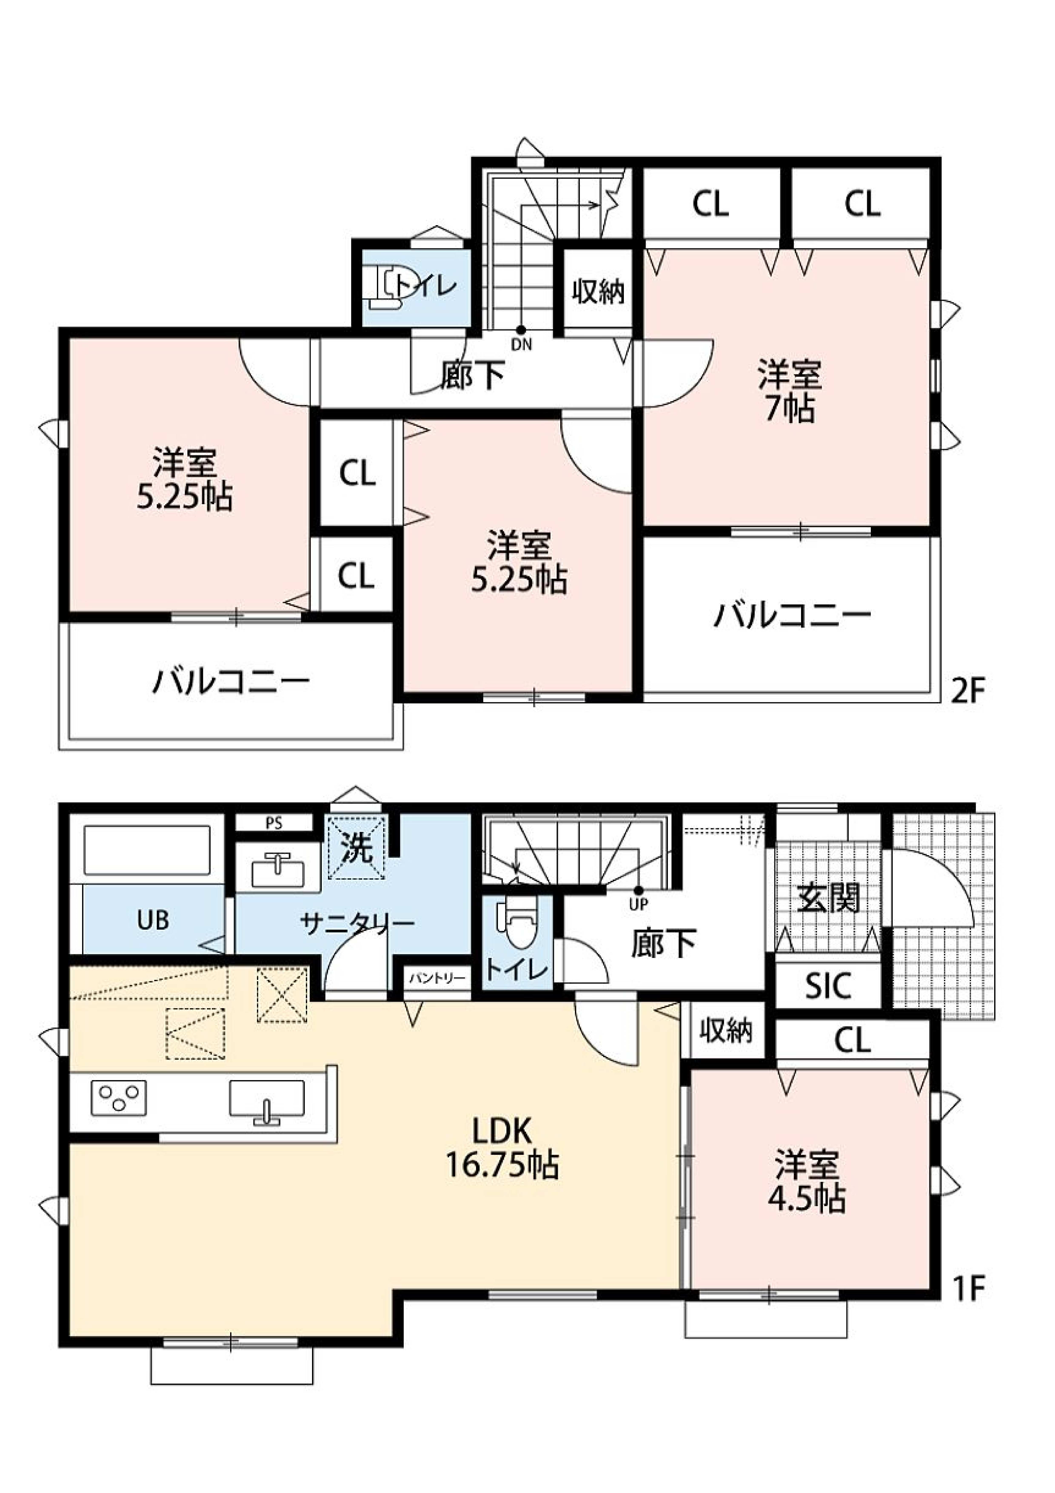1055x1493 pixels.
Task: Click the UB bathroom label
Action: point(153,920)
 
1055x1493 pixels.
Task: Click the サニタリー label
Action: point(358,923)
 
